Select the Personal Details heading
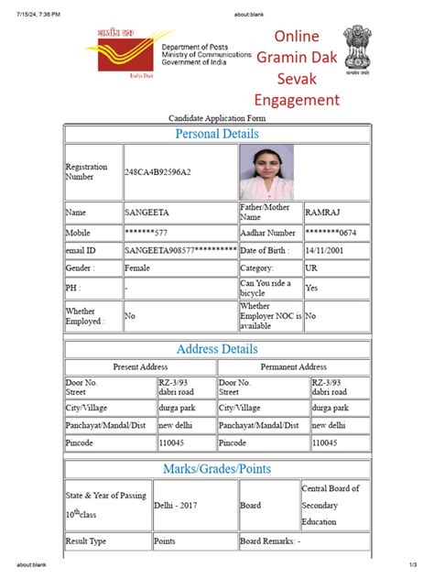[217, 134]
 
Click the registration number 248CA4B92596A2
[158, 172]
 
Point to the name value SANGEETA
[146, 213]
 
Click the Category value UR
[312, 268]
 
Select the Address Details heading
[217, 349]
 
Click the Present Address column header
[140, 366]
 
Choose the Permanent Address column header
[293, 366]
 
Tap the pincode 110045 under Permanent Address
[325, 442]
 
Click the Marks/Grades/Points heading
[217, 469]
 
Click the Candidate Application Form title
[216, 118]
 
